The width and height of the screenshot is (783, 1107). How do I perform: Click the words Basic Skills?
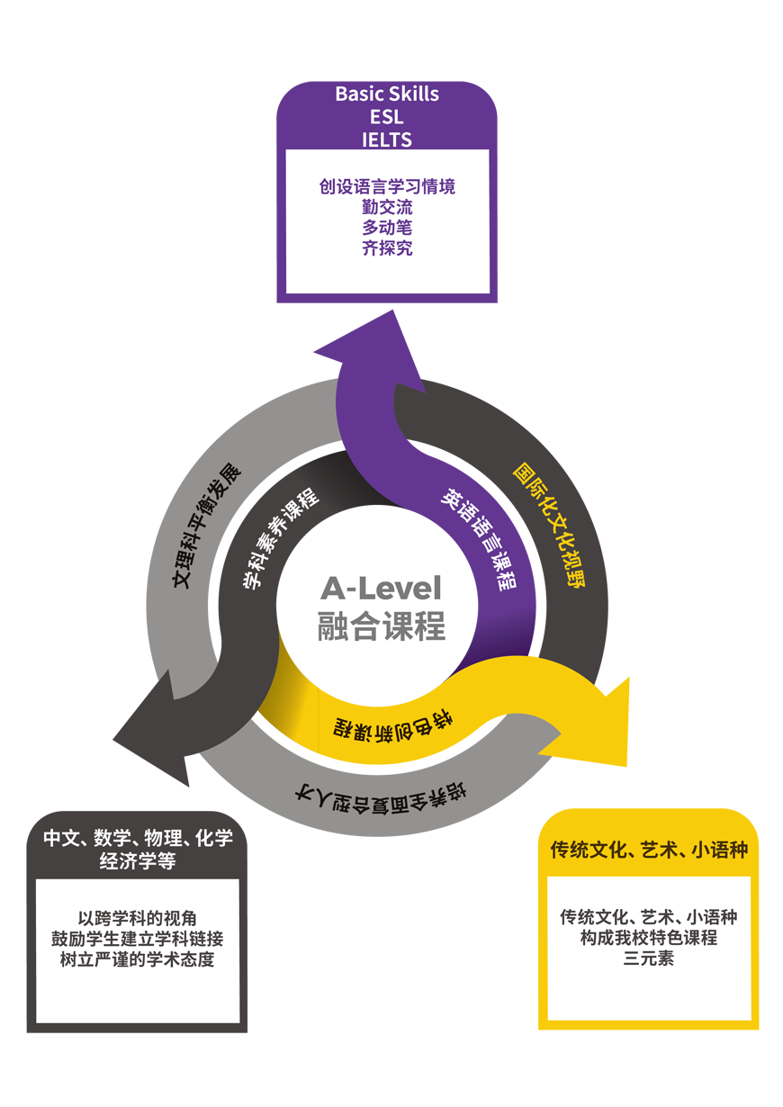coord(387,94)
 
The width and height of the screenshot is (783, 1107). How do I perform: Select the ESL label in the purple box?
coord(387,117)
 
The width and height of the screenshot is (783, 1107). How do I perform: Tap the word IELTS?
coord(387,139)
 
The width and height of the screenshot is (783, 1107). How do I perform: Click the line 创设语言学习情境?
coord(387,186)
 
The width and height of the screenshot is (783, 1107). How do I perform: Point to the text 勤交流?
coord(387,207)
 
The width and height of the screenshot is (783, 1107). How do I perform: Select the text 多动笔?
coord(387,228)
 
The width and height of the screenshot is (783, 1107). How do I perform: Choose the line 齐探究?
coord(387,248)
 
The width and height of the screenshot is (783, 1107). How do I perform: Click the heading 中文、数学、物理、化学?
coord(138,839)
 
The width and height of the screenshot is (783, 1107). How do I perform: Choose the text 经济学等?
coord(138,861)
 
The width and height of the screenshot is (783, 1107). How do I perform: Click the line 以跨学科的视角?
coord(138,919)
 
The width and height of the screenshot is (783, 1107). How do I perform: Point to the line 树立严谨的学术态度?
coord(138,959)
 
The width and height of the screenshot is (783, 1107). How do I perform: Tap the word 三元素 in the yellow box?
coord(648,958)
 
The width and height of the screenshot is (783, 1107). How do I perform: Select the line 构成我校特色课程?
coord(648,938)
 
